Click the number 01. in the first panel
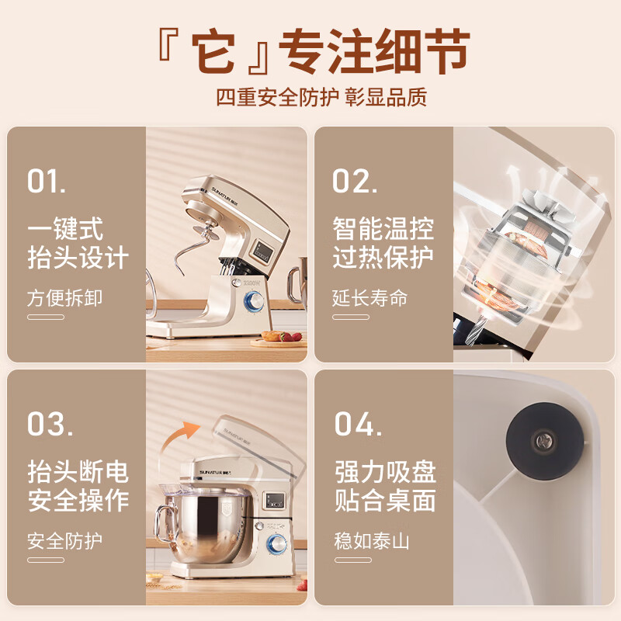(x=47, y=180)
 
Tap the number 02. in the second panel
(x=355, y=180)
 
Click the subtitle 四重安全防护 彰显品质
(x=321, y=97)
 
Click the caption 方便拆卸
(x=64, y=298)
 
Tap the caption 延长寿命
(x=370, y=298)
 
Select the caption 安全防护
(x=64, y=540)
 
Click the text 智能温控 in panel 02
(x=383, y=229)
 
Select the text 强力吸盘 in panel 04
(x=385, y=472)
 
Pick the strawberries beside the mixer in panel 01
(x=291, y=336)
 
